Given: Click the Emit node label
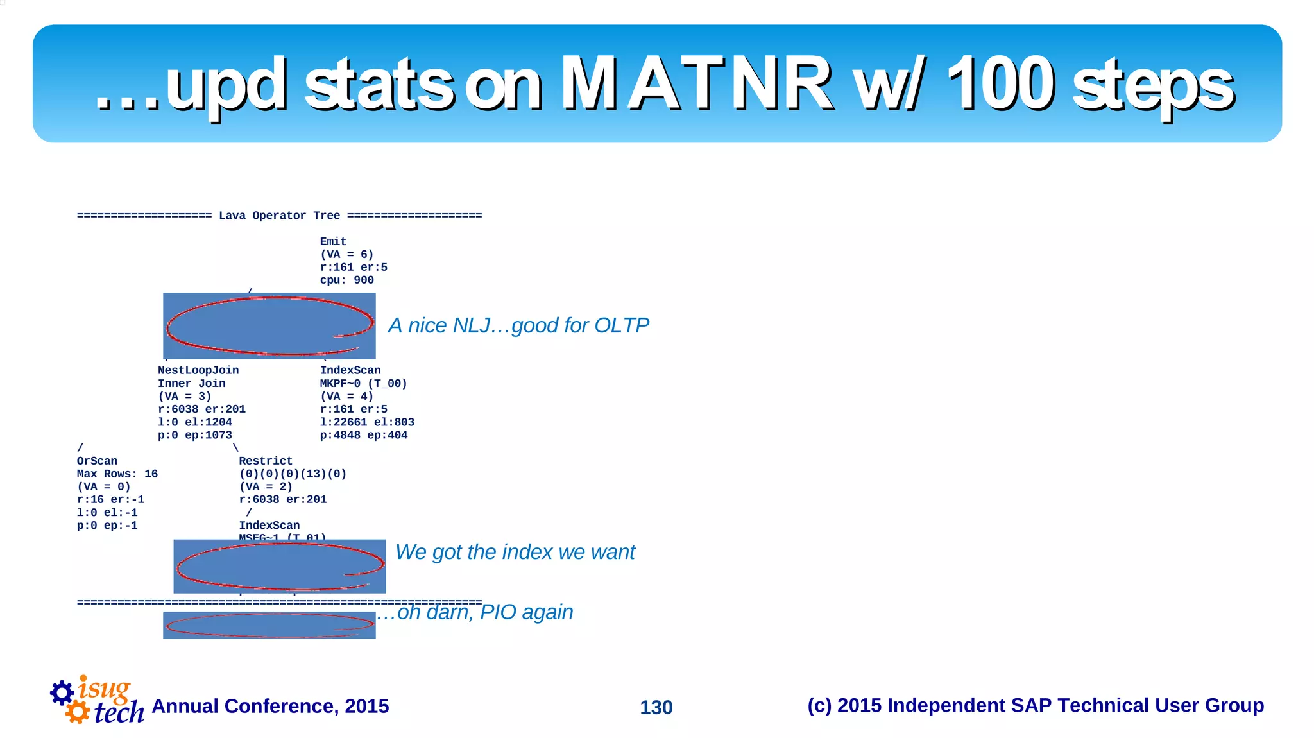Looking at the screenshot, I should point(333,241).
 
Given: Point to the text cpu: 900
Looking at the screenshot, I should point(346,280).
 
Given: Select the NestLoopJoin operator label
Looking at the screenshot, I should point(198,370).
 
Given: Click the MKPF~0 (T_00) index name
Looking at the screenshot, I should point(363,383).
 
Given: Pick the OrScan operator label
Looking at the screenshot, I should point(97,461).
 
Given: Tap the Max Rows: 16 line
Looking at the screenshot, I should point(117,474).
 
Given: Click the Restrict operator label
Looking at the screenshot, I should point(266,461).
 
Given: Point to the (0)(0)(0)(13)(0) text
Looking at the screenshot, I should point(293,474).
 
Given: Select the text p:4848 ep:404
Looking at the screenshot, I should point(363,435).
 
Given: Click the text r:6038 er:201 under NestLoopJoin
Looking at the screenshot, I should point(201,409).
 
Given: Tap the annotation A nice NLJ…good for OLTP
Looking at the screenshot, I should point(518,325).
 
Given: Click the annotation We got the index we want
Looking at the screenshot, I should point(515,552).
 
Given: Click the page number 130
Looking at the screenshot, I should point(656,707).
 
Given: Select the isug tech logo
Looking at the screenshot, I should point(96,701).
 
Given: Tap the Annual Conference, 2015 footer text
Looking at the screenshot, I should point(270,706).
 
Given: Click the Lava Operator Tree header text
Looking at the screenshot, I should point(279,216).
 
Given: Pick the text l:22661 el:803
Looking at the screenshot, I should point(367,422).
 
